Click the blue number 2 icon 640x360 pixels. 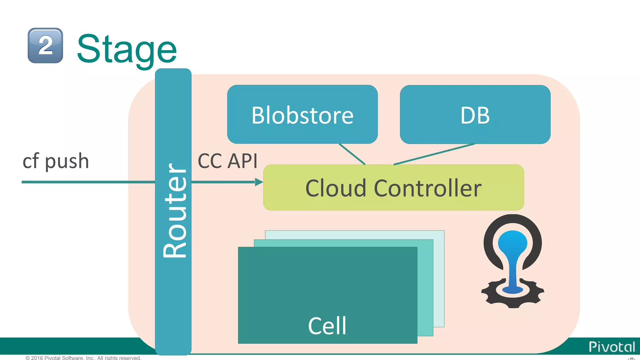[45, 46]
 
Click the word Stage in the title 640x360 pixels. [127, 49]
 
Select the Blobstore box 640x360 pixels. [302, 115]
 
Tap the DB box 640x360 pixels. [475, 115]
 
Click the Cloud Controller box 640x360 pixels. [393, 188]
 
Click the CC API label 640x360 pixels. [227, 161]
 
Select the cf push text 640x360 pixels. [56, 161]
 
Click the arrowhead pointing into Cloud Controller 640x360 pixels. [259, 182]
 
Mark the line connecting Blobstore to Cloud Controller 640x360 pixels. [352, 154]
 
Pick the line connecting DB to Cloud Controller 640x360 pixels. [434, 154]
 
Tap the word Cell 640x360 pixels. [327, 326]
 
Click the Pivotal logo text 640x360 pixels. [612, 347]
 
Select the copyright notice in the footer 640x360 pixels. [83, 358]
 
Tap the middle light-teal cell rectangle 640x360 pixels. [425, 287]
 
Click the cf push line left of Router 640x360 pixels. [87, 182]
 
